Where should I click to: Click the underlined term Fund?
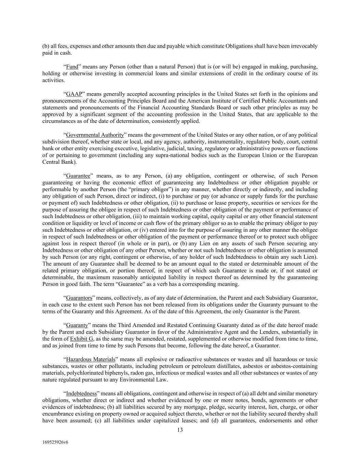(x=72, y=67)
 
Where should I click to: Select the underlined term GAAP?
(x=74, y=94)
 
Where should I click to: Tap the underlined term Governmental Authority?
(x=95, y=135)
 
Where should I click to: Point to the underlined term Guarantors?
(x=79, y=298)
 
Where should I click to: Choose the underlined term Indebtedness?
(x=81, y=393)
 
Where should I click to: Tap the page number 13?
(x=180, y=430)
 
